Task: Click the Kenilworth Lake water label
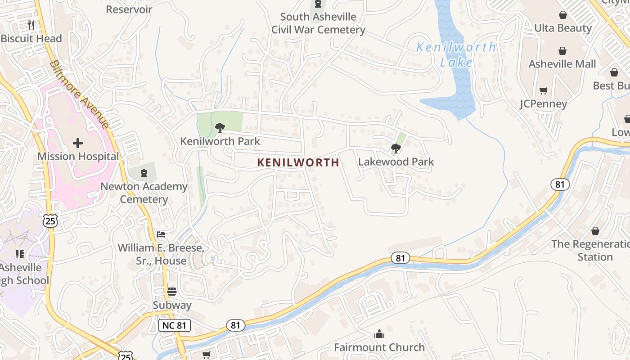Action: tap(456, 54)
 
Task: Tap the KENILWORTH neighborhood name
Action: tap(298, 162)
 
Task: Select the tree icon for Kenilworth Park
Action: tap(220, 128)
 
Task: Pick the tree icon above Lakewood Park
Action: tap(396, 148)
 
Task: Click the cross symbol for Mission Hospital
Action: tap(78, 143)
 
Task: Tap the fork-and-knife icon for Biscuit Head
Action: tap(31, 25)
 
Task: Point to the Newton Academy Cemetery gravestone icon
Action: tap(144, 173)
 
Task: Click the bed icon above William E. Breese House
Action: tap(161, 234)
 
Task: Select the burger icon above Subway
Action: tap(172, 292)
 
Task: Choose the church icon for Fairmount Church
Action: tap(379, 334)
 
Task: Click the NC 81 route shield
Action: tap(175, 325)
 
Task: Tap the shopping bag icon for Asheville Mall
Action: tap(562, 51)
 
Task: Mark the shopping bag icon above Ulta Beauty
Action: tap(562, 15)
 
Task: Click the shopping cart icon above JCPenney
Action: tap(543, 91)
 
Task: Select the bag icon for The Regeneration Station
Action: tap(595, 231)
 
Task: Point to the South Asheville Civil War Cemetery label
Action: tap(318, 23)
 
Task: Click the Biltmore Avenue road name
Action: tap(80, 94)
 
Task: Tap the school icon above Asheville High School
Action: tap(19, 254)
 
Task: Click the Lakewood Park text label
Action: tap(396, 162)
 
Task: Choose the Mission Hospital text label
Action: tap(78, 156)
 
